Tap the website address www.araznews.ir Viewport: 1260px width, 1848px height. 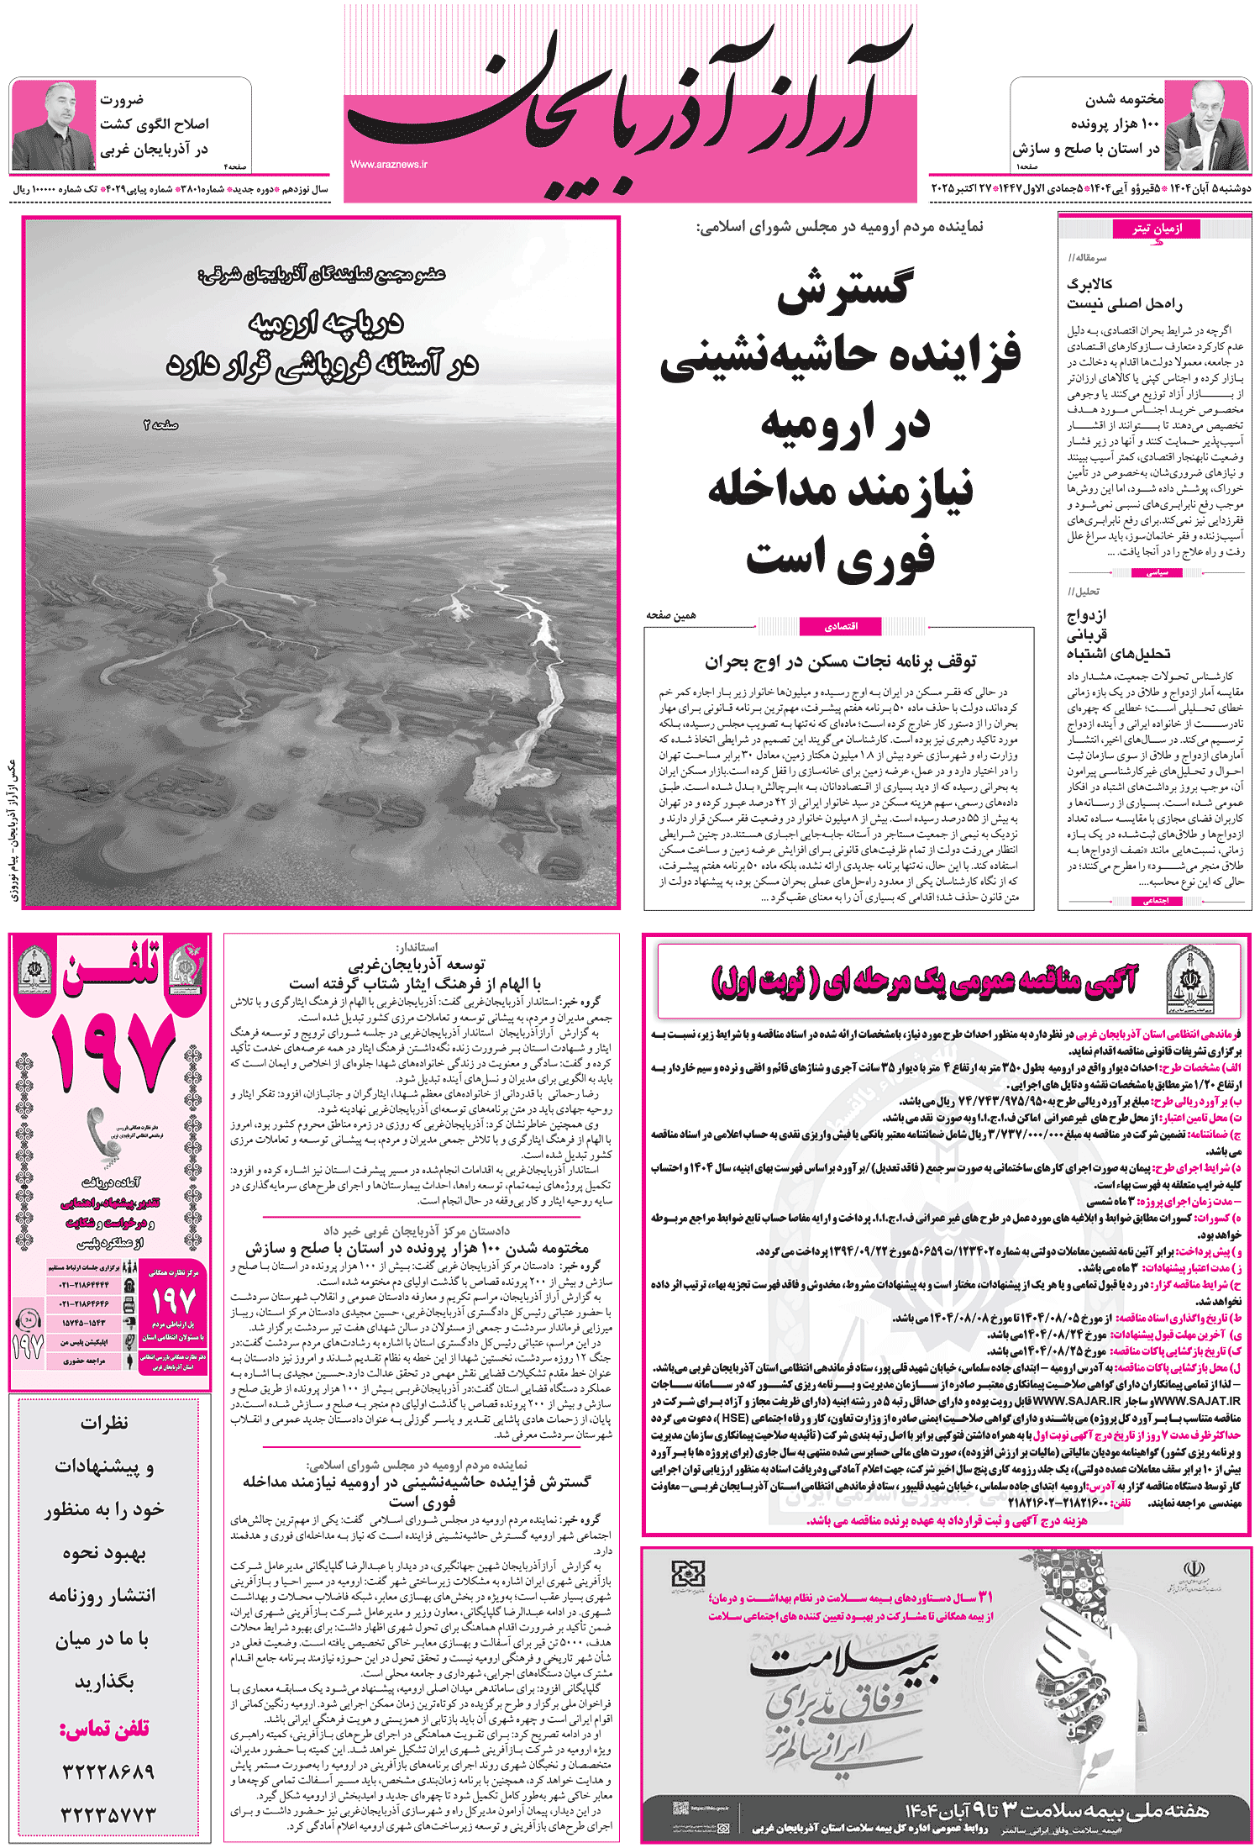point(389,165)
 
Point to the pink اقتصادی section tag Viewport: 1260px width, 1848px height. point(841,626)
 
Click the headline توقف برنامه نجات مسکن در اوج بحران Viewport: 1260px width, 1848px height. point(840,662)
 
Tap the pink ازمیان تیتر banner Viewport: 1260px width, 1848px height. point(1156,229)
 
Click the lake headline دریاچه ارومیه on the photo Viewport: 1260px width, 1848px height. point(326,323)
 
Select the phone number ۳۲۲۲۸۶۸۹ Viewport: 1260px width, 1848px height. point(108,1772)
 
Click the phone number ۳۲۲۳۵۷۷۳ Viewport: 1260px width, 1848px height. point(108,1814)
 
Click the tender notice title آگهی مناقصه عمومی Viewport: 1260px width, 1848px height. point(924,980)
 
